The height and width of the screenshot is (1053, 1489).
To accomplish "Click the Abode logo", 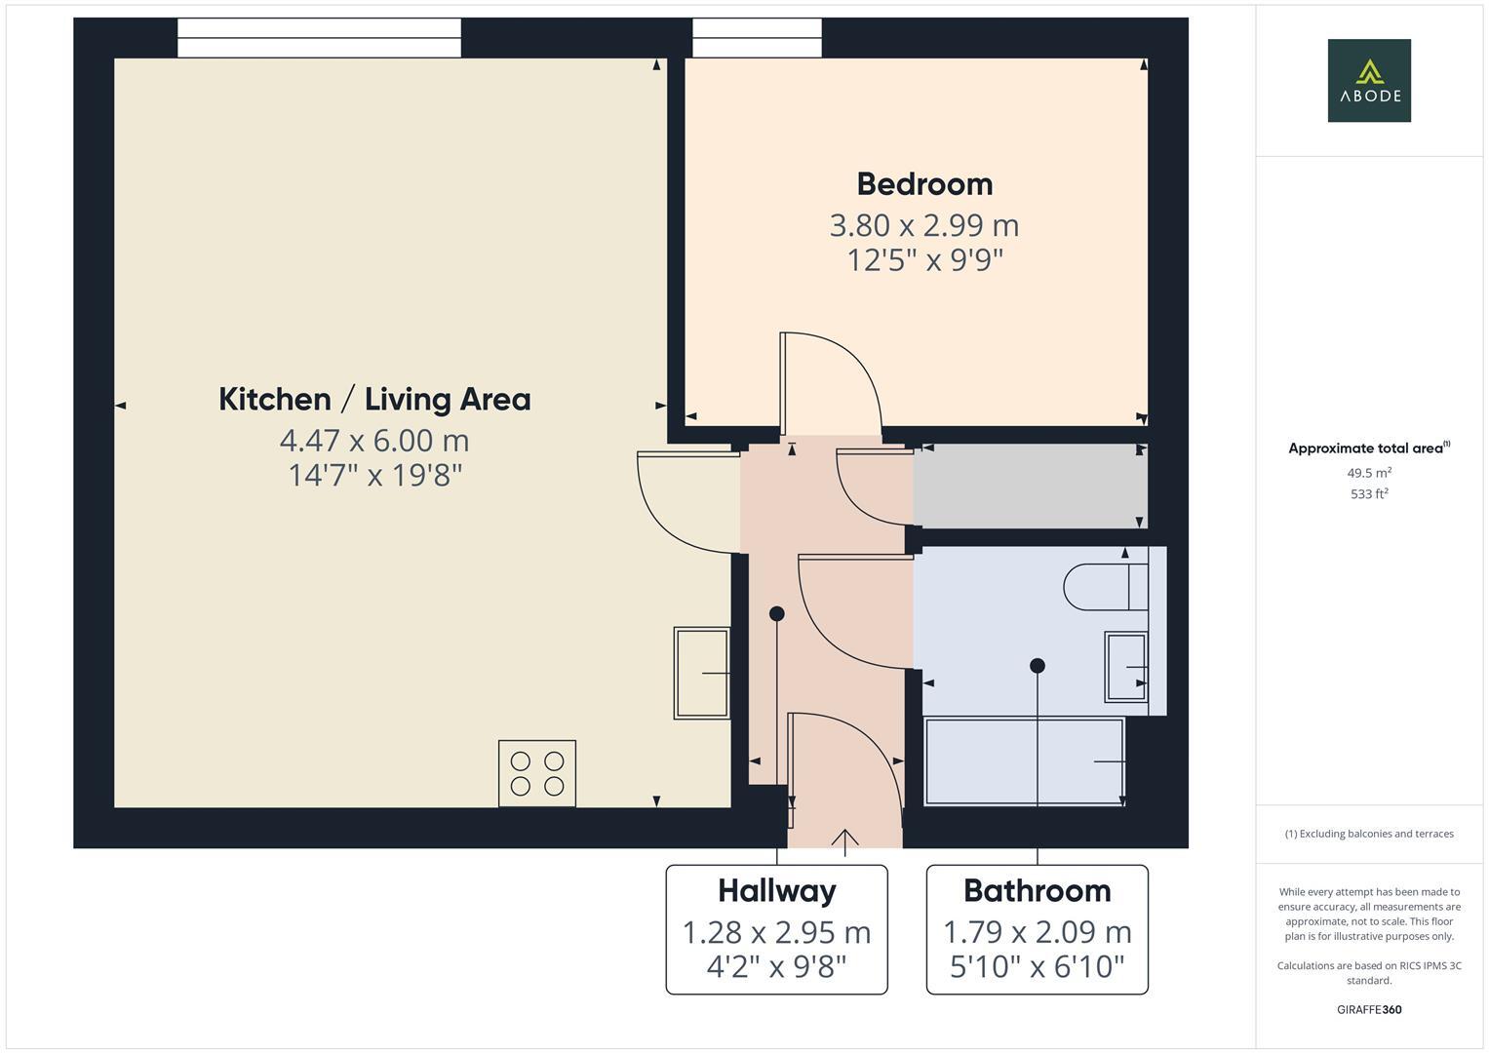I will (x=1368, y=80).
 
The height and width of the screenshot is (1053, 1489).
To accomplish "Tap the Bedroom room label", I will (x=923, y=184).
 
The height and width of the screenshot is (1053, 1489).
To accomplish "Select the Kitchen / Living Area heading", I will (x=374, y=400).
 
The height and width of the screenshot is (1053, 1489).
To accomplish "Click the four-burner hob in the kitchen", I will (x=536, y=773).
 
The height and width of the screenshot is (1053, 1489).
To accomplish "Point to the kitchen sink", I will (x=701, y=673).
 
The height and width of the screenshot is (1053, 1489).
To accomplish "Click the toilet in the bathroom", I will (x=1106, y=587).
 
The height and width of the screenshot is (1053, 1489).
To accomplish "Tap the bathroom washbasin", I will (x=1125, y=667).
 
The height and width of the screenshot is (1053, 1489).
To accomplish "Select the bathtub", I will (x=1023, y=761).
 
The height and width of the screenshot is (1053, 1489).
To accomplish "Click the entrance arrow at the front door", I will (x=844, y=840).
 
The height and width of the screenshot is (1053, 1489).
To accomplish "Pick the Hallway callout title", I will (x=776, y=891).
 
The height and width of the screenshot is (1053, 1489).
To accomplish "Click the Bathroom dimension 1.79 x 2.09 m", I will (x=1037, y=933).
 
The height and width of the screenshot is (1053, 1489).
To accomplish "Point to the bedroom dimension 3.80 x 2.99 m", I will (x=923, y=225).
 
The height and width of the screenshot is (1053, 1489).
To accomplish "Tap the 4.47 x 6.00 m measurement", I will (x=374, y=441).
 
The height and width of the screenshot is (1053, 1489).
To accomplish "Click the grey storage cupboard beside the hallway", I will (x=1029, y=487).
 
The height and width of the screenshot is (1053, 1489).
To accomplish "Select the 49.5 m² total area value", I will (x=1368, y=473).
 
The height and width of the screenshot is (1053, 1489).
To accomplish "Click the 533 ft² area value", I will (x=1368, y=494).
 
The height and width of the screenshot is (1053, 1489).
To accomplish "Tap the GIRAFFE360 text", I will (x=1368, y=1010).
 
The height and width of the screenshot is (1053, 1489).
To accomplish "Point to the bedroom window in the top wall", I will (x=757, y=38).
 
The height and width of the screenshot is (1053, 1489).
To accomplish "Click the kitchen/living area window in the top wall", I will (x=319, y=38).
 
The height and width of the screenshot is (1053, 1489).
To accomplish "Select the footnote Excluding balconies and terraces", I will (x=1368, y=834).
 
